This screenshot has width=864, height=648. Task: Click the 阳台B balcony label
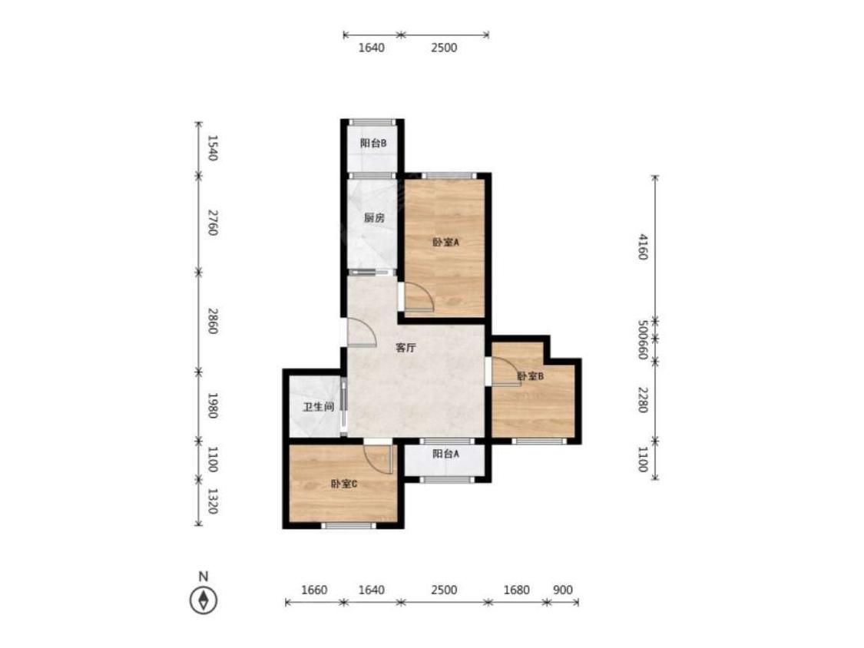point(373,144)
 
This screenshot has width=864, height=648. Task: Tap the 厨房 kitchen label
point(374,217)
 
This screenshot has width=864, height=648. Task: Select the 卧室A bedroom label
point(445,241)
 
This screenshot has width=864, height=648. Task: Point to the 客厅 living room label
point(406,348)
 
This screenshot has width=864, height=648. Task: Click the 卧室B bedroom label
point(531,376)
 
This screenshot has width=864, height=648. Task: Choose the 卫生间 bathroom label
point(319,407)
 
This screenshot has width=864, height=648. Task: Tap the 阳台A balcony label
point(445,454)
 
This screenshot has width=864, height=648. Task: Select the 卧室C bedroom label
point(344,484)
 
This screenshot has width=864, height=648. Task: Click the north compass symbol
point(204,600)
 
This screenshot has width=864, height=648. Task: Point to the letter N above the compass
point(204,577)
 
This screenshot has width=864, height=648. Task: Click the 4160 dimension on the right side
point(643,247)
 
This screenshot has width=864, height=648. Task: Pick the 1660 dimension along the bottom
point(314,590)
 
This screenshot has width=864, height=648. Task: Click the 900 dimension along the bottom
point(563,590)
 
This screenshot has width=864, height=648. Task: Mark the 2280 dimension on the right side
point(643,399)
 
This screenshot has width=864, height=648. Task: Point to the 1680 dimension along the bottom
point(516,590)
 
